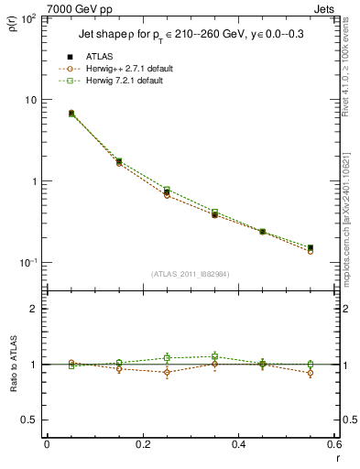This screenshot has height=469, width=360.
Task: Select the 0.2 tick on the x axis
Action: pos(142,444)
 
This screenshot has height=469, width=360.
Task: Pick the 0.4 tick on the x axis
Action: pos(238,444)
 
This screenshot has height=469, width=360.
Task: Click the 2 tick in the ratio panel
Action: pos(33,309)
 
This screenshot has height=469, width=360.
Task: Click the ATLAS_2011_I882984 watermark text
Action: pos(190,274)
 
